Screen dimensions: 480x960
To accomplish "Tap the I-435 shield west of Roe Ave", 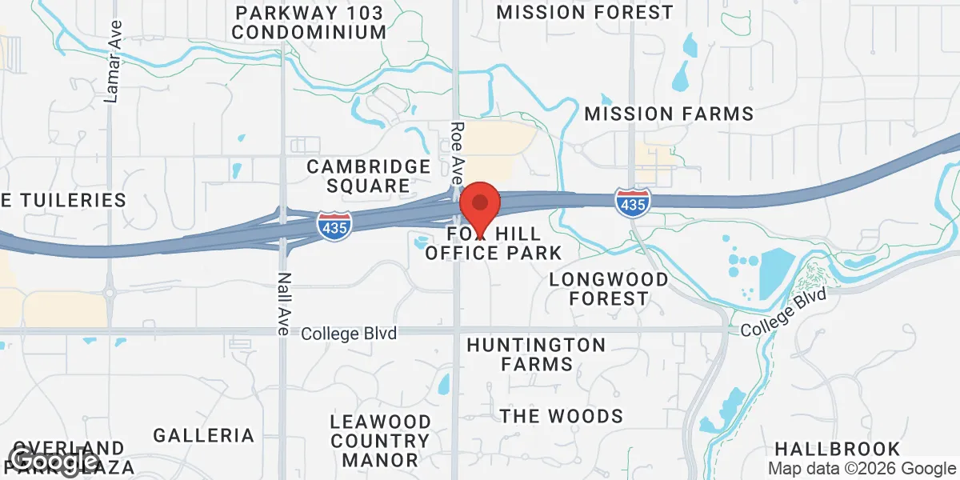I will click(x=334, y=224).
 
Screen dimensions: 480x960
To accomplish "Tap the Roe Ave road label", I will click(x=457, y=153).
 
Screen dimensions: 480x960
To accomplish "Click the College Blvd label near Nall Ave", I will click(x=349, y=333).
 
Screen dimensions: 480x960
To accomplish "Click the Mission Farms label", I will click(x=669, y=114).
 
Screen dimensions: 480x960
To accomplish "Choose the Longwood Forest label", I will click(x=609, y=289).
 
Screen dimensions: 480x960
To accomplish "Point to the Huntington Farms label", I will click(x=536, y=354).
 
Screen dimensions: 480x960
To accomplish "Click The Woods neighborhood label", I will click(x=561, y=416).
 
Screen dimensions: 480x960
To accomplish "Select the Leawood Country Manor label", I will click(x=381, y=440).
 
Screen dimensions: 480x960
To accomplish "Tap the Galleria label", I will click(x=203, y=435).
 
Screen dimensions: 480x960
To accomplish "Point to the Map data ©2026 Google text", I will click(x=862, y=469).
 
